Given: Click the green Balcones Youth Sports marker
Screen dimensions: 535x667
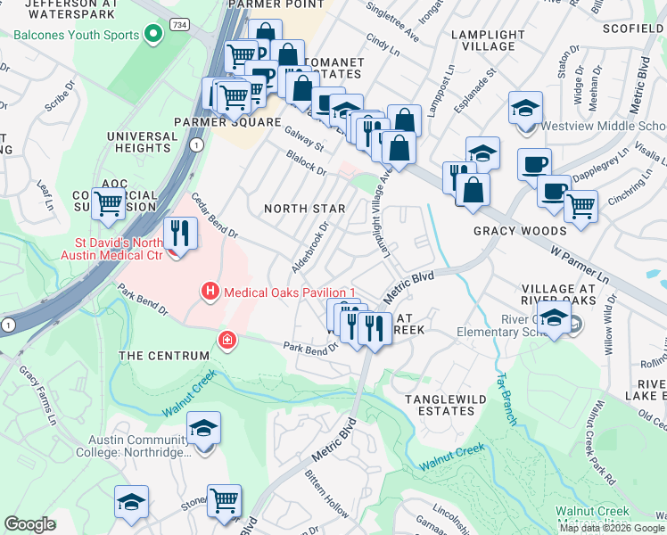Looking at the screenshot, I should tap(153, 36).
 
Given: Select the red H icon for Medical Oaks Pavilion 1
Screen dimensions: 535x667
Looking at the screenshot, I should tap(210, 292).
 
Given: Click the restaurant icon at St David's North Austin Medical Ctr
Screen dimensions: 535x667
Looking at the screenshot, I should tap(181, 234).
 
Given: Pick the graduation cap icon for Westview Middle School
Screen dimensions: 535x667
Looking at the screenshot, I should tap(526, 109).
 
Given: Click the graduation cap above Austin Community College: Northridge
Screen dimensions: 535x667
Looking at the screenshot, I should tap(204, 429).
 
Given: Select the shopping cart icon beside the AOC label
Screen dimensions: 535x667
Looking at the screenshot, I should tap(109, 202).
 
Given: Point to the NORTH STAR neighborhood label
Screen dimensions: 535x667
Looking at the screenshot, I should tap(304, 209).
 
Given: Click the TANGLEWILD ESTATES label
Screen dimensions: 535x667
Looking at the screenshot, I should tap(446, 405).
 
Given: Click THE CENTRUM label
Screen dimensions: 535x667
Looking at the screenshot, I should tap(163, 356).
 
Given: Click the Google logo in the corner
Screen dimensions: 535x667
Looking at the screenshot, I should tap(29, 524).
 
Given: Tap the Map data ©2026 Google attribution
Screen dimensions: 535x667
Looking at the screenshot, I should tap(612, 528).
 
